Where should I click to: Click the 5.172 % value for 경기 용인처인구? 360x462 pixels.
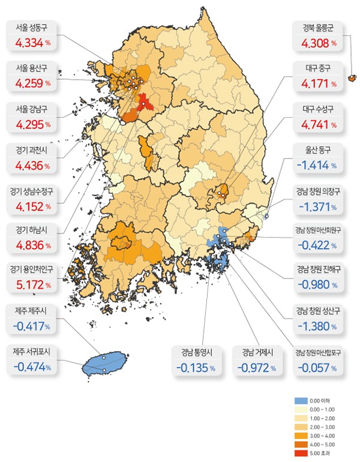click(31, 284)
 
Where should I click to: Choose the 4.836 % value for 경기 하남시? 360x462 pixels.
click(31, 244)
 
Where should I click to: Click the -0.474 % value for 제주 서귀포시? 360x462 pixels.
click(31, 366)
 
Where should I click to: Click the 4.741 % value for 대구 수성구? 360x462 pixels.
click(318, 125)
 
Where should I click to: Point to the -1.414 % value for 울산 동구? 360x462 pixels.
click(318, 165)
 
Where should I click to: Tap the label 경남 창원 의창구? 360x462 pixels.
click(318, 192)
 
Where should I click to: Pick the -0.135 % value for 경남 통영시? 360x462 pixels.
click(196, 367)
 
